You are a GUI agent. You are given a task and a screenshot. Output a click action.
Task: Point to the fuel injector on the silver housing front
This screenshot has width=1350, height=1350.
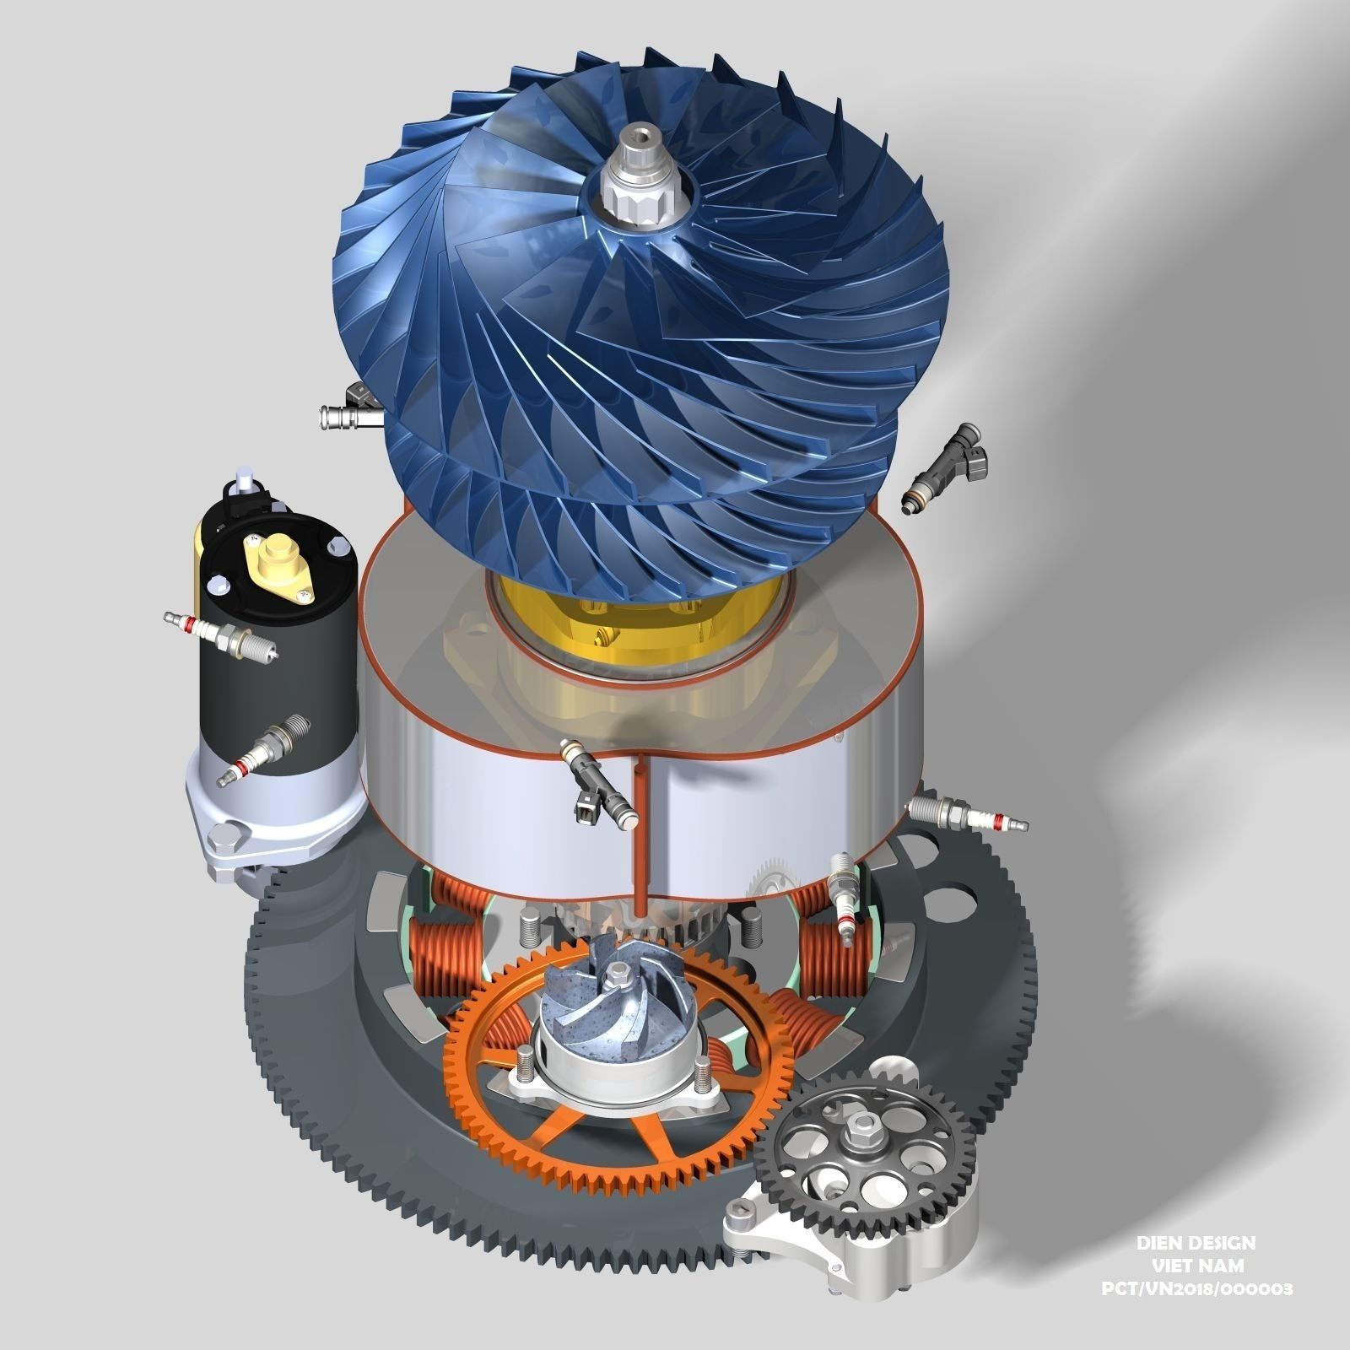tap(599, 781)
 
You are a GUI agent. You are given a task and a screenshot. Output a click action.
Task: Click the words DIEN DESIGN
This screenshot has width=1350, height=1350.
tap(1196, 1243)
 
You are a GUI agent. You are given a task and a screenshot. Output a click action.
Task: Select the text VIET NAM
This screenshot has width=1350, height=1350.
tap(1197, 1266)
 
